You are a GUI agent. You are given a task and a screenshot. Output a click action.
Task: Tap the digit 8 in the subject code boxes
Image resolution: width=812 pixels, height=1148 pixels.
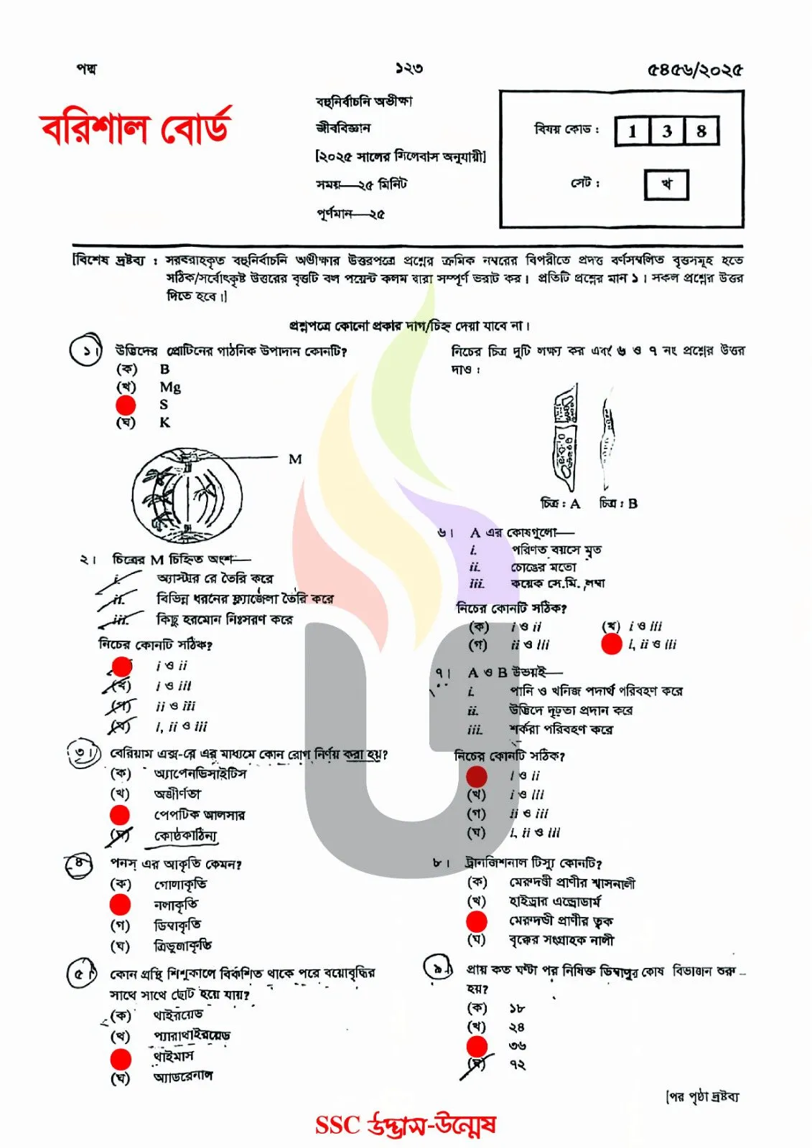point(701,131)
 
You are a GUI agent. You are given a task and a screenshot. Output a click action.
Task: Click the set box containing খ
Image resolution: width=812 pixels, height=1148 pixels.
point(666,184)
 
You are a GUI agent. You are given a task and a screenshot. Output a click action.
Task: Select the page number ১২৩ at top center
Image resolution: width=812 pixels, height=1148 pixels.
point(409,69)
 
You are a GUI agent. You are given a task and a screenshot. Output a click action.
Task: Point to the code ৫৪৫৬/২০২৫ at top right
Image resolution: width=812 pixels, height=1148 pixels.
point(694,70)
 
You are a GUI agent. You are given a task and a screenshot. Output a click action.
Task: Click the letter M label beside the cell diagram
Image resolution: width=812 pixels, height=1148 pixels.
point(295,459)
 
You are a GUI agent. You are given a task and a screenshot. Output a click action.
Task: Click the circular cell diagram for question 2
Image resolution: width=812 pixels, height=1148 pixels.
point(187,496)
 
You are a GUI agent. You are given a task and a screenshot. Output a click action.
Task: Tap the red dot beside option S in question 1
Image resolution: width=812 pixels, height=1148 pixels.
point(126,405)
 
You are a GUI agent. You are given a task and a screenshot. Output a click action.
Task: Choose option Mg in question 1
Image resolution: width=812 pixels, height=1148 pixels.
point(170,387)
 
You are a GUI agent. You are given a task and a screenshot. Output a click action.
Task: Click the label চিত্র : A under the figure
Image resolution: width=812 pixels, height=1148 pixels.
point(560,504)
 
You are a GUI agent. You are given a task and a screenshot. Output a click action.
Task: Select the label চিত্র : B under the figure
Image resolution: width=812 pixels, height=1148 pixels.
point(618,504)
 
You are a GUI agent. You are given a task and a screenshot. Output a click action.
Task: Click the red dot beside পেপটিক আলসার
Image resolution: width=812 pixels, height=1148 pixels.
point(120,815)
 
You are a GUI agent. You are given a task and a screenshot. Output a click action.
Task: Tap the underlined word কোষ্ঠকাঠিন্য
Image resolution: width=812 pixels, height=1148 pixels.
point(185,836)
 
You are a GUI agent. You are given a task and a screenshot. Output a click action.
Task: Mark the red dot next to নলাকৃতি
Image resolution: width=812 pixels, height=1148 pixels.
point(121,905)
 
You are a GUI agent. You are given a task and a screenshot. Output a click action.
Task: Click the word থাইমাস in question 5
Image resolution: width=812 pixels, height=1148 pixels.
point(173,1057)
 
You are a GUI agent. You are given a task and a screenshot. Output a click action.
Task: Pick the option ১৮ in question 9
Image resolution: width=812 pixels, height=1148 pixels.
point(516,1008)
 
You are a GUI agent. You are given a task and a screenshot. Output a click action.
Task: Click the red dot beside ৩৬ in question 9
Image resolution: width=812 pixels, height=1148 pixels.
point(477,1046)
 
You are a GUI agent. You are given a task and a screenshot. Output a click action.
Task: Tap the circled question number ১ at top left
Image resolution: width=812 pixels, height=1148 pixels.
point(85,351)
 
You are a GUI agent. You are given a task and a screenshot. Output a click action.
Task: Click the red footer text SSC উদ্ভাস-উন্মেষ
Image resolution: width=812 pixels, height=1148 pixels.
point(406,1124)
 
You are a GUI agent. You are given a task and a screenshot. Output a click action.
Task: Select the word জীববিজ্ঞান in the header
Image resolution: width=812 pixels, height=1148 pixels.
point(343,128)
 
